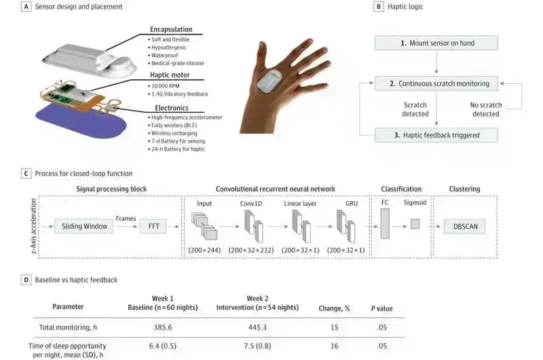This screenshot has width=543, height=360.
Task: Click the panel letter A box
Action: click(x=25, y=6)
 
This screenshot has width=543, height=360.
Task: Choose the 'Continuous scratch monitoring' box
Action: click(x=437, y=85)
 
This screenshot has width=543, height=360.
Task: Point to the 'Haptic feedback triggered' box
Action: click(x=437, y=135)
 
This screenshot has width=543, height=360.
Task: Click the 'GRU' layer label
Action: click(x=343, y=202)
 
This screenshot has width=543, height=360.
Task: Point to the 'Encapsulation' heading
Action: click(x=170, y=29)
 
